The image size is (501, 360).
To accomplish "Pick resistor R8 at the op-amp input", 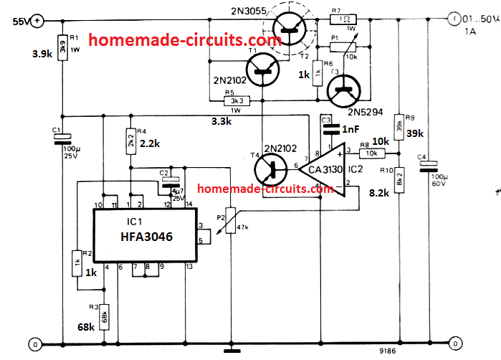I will (x=372, y=153).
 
